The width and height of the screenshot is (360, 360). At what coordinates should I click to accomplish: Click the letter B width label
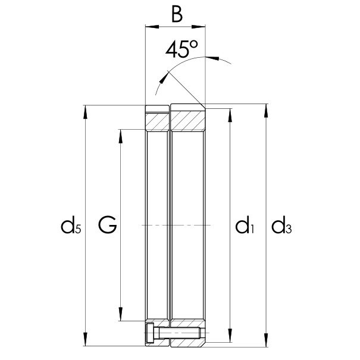point(176,14)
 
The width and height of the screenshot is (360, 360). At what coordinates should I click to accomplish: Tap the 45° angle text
point(181,50)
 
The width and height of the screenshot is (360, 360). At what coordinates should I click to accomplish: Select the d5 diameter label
point(70,226)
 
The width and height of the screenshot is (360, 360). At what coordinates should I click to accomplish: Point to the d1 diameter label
point(244,226)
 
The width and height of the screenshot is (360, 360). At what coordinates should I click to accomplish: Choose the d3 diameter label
point(281,226)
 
